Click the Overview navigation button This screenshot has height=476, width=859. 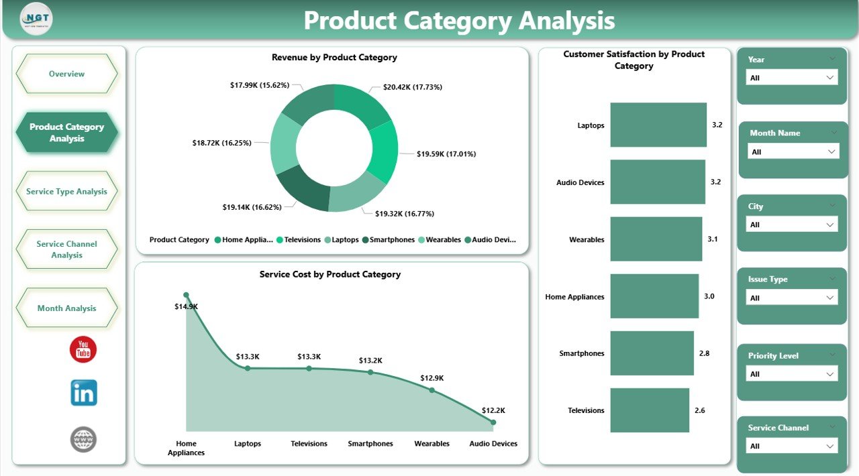point(66,74)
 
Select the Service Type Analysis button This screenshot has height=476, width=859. point(66,191)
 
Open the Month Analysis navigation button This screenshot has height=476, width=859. point(66,308)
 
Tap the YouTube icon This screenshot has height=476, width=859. point(83,349)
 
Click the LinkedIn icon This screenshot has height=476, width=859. point(83,393)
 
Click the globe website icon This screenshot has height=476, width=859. point(83,440)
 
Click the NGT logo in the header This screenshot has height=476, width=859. point(36,19)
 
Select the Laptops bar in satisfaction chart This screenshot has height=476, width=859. point(658,125)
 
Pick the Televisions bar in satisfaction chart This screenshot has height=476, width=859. point(649,410)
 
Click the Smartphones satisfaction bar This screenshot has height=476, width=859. point(652,353)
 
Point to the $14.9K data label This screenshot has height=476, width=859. point(186,306)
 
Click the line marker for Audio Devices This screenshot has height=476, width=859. point(493,422)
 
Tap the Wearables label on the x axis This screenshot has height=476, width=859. point(432,443)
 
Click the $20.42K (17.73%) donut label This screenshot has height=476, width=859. point(412,87)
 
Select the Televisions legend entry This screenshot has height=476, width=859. point(302,239)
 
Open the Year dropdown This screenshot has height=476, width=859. point(792,78)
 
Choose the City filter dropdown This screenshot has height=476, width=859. point(792,225)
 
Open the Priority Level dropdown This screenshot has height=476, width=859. point(792,374)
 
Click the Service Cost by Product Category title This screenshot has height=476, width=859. point(330,274)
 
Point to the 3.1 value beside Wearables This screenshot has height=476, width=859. point(712,239)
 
